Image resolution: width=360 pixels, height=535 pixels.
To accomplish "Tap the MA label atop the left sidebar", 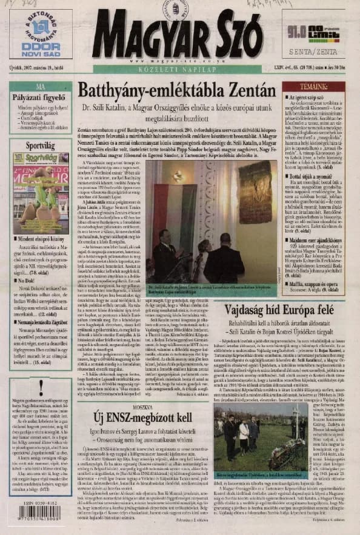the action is pyautogui.click(x=41, y=87).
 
